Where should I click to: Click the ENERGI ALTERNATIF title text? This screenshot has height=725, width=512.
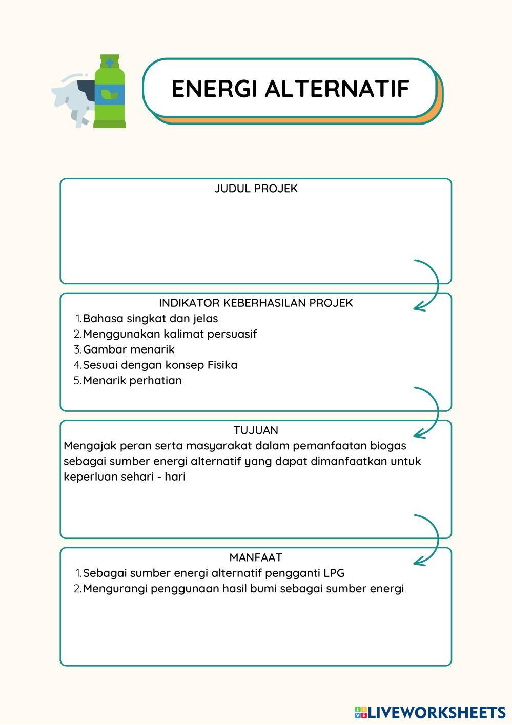coord(290,89)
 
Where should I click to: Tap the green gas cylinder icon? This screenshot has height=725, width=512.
coord(109,92)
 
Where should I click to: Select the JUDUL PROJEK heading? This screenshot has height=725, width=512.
coord(256,189)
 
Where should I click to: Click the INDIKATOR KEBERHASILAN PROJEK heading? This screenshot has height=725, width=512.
coord(256,303)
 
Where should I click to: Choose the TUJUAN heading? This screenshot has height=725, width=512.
coord(256,430)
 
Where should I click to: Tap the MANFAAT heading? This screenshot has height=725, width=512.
coord(256,557)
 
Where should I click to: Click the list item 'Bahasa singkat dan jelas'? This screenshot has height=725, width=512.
coord(150,319)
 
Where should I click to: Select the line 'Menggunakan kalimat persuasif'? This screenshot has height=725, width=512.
coord(170,334)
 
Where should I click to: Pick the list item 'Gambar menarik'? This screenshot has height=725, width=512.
coord(129,349)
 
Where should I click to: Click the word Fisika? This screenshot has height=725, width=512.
coord(222,365)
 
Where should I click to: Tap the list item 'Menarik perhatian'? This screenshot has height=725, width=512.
coord(132,381)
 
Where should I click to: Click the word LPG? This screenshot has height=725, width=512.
coord(334,573)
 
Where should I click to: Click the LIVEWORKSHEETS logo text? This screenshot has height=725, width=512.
coord(436,712)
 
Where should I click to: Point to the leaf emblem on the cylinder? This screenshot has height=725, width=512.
coord(109,94)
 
